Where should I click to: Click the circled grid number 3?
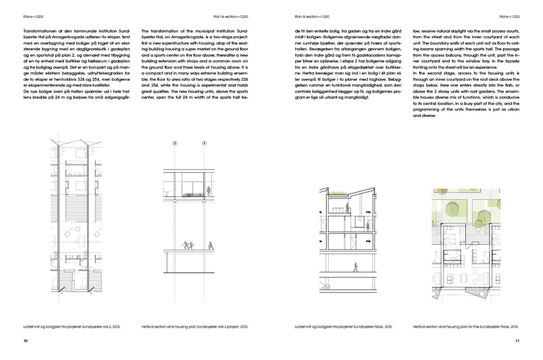[x=175, y=144]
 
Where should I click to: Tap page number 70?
[x=25, y=341]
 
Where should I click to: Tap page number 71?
[x=516, y=341]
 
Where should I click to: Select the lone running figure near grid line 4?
[x=211, y=246]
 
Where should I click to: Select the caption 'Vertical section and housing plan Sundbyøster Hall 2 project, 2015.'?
[x=195, y=327]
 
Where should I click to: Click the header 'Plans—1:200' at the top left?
[x=29, y=16]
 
